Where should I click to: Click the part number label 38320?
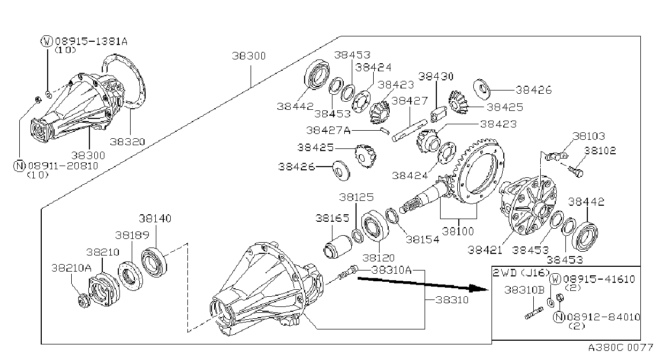[127, 142]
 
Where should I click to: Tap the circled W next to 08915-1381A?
[47, 41]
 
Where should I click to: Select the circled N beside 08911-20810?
[19, 166]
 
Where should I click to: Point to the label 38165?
[332, 219]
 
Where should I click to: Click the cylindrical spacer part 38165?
[337, 247]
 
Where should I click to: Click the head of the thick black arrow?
[478, 288]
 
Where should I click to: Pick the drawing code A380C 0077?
[621, 348]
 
